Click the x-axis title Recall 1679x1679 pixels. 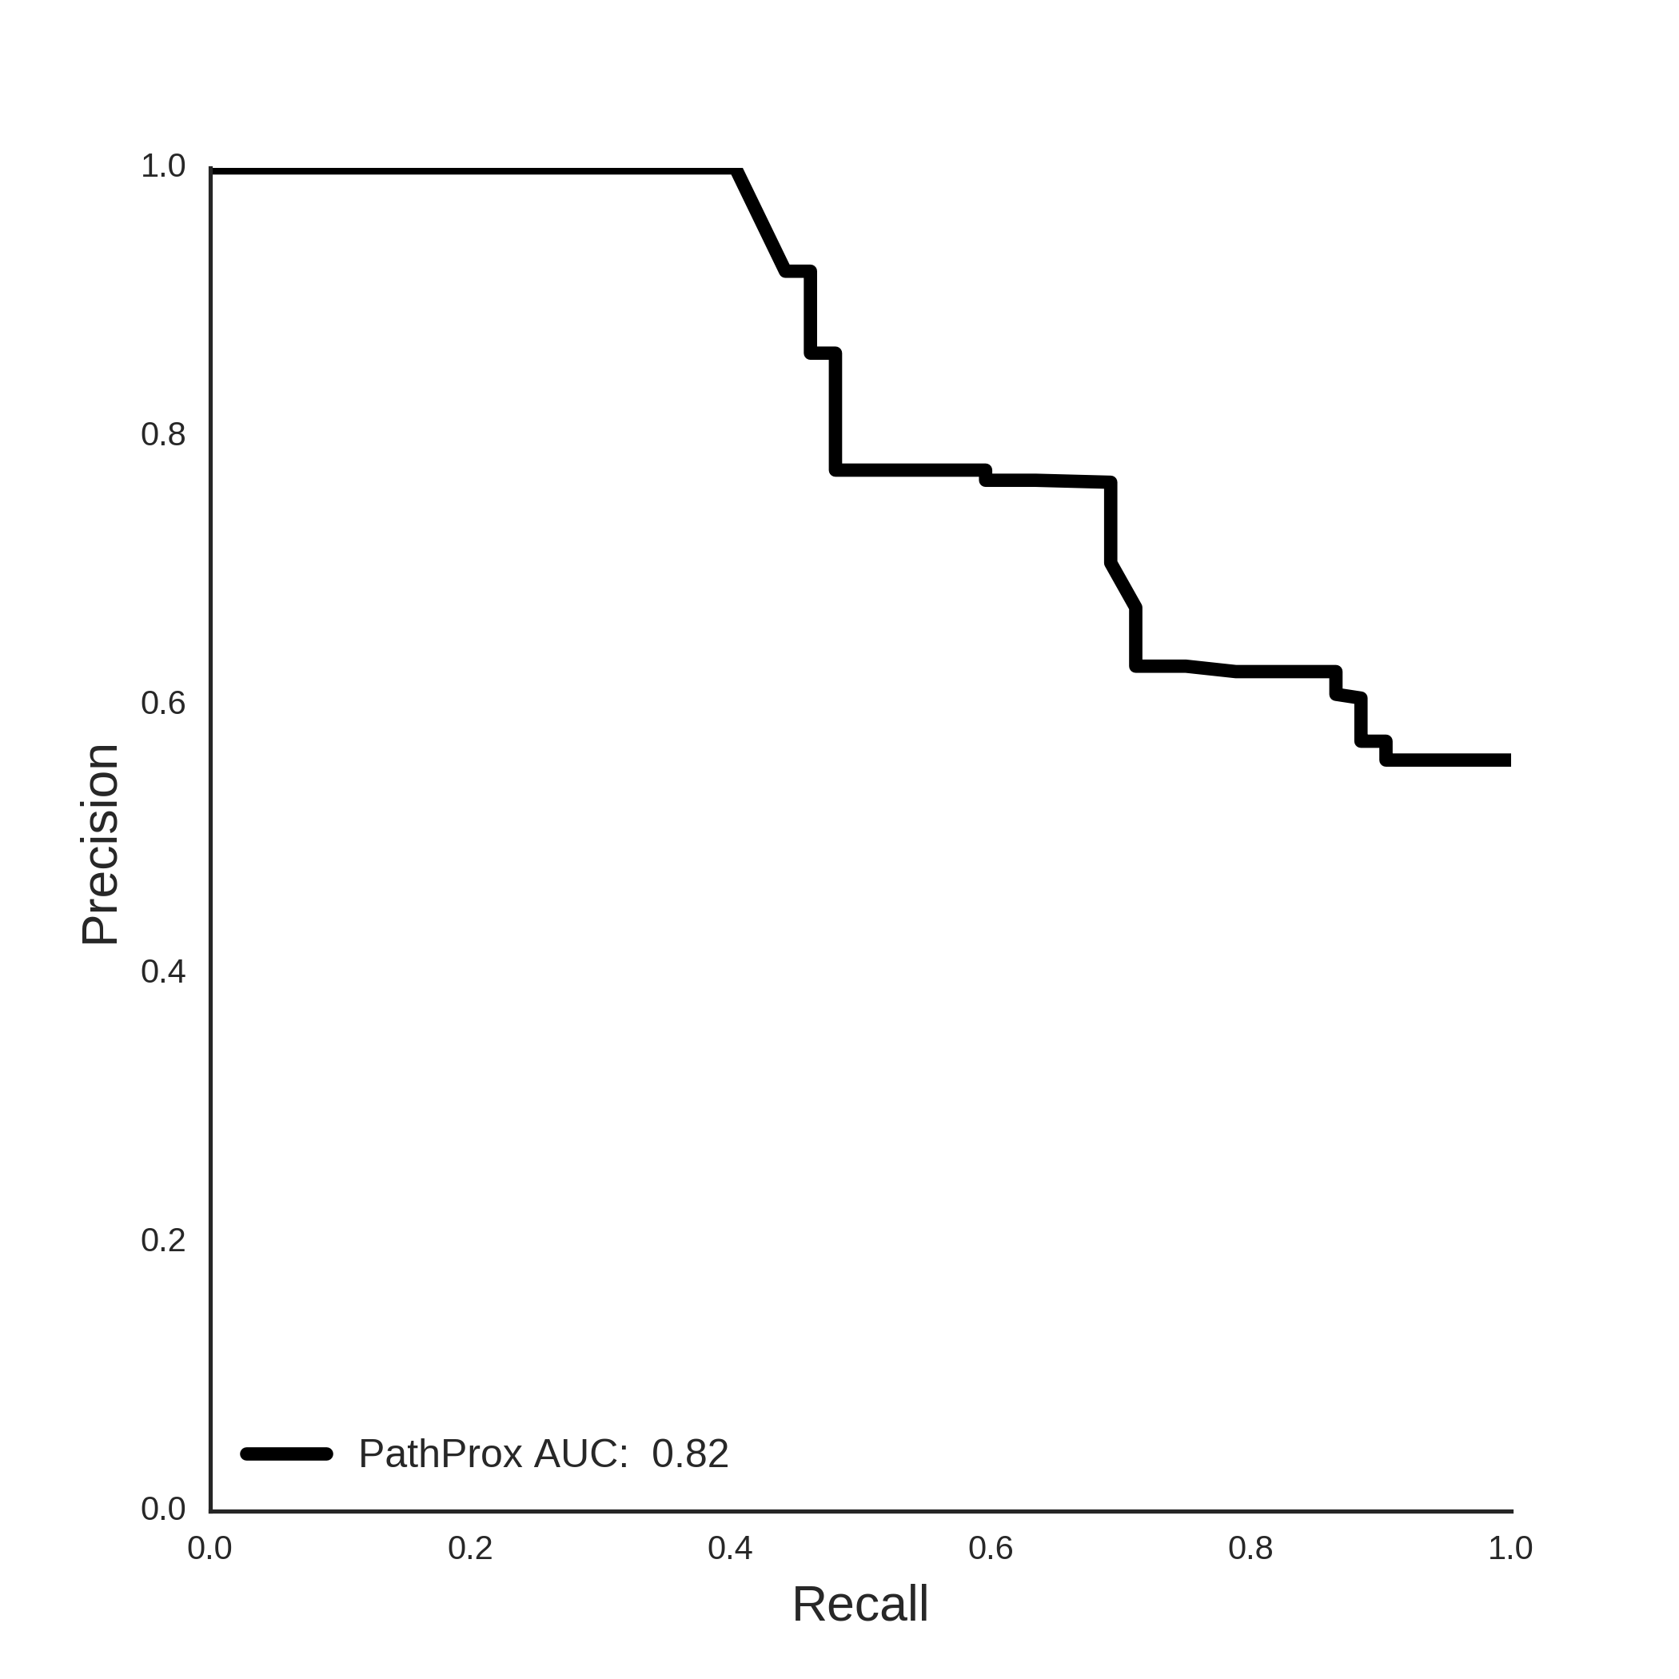click(x=859, y=1603)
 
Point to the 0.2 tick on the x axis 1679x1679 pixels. click(x=470, y=1548)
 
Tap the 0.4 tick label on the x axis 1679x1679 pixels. click(x=730, y=1548)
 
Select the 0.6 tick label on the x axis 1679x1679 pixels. click(x=991, y=1548)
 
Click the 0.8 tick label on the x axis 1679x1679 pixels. click(x=1250, y=1548)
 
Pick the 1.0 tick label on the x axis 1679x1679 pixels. click(x=1510, y=1548)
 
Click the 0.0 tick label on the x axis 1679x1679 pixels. click(x=210, y=1548)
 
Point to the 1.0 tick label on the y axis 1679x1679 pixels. click(x=163, y=166)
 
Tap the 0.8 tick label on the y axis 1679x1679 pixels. click(x=163, y=434)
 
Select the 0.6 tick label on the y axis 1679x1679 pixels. click(x=163, y=703)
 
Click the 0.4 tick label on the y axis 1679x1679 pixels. click(x=163, y=971)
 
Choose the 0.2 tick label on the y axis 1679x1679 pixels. click(x=163, y=1240)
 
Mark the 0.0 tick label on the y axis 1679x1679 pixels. click(x=163, y=1509)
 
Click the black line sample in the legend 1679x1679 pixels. click(x=287, y=1454)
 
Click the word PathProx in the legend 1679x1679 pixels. click(x=441, y=1454)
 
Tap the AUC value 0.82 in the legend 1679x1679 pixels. click(x=690, y=1454)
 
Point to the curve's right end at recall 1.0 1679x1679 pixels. click(x=1510, y=760)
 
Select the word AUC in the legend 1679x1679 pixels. click(x=580, y=1454)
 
